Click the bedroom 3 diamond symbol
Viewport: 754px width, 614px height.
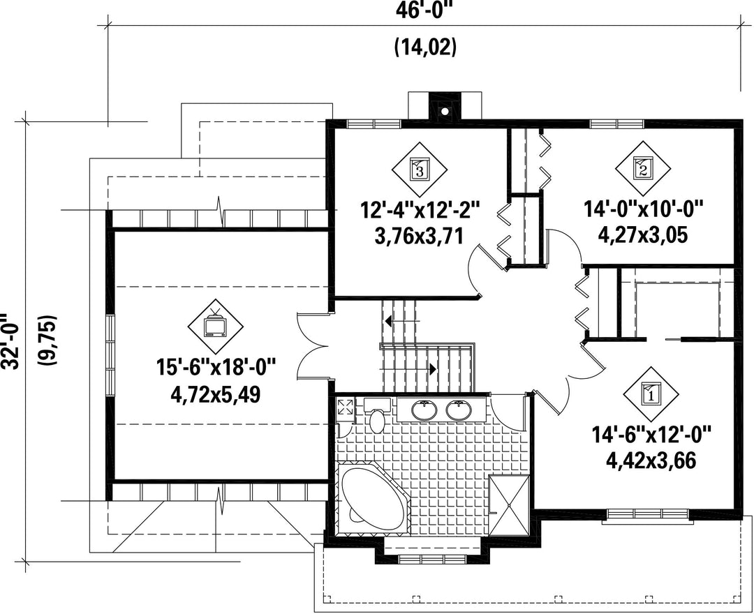(420, 169)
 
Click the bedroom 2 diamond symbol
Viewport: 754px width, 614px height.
(643, 168)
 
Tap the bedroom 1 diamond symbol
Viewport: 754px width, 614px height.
(651, 394)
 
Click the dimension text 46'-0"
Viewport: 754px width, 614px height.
(424, 10)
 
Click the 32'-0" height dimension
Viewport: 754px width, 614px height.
(10, 342)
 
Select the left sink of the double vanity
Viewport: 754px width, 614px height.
(424, 410)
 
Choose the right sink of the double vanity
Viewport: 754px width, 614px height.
(459, 410)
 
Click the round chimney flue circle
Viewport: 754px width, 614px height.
(445, 112)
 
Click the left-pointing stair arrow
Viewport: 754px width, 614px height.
(402, 320)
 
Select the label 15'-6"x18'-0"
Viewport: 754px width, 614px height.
(216, 368)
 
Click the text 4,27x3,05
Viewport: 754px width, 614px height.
(643, 235)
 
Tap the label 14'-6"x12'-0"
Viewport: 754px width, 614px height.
(651, 435)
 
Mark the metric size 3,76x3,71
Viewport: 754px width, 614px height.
(419, 236)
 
